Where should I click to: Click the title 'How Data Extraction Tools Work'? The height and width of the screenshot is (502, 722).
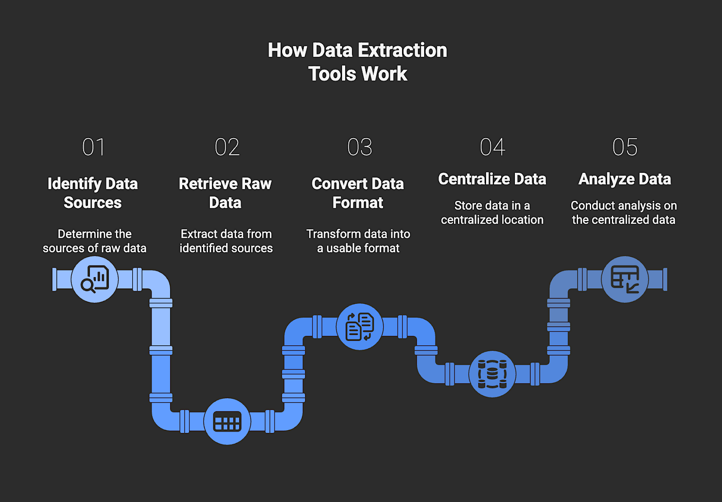pos(357,62)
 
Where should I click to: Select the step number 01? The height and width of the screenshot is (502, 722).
pos(93,147)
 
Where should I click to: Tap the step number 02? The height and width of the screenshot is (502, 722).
pos(227,147)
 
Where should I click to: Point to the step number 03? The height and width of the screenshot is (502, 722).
pos(360,147)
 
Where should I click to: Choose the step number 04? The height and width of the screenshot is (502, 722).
pos(492,147)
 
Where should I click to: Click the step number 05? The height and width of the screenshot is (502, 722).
pos(625,147)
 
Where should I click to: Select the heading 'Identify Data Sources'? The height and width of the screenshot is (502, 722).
pos(93,193)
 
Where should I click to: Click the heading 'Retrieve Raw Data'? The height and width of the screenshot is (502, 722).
pos(225,193)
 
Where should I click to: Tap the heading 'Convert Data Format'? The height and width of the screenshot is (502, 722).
pos(358,193)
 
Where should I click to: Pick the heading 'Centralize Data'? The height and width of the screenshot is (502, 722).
pos(492,179)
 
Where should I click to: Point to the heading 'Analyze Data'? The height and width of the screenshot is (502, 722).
pos(625,179)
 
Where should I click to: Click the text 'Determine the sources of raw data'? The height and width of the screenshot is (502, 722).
pos(95,241)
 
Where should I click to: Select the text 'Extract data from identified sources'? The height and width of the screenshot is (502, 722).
pos(226,241)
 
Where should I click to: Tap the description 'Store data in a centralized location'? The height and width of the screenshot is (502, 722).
pos(492,213)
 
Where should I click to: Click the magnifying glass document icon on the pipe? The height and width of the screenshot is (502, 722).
pos(95,279)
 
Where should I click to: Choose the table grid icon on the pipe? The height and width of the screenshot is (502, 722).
pos(227,422)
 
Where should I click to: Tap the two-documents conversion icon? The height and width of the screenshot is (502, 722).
pos(360,326)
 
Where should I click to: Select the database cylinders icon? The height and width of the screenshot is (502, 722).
pos(492,374)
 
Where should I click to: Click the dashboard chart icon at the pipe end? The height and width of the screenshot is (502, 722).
pos(625,279)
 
